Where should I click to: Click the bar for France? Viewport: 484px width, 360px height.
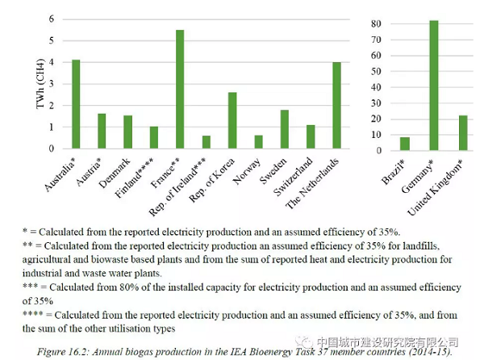(x=180, y=90)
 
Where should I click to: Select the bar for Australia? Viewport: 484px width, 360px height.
(x=76, y=104)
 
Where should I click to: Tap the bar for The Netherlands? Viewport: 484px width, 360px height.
(x=336, y=106)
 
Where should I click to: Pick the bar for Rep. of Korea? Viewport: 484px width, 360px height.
(x=232, y=120)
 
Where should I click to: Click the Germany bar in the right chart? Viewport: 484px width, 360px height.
(x=433, y=86)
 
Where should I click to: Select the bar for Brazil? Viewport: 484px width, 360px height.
(x=405, y=144)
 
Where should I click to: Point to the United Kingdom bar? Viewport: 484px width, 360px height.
(x=462, y=132)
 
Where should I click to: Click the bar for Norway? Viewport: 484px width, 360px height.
(x=258, y=142)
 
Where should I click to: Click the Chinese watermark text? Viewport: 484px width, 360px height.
(x=400, y=341)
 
